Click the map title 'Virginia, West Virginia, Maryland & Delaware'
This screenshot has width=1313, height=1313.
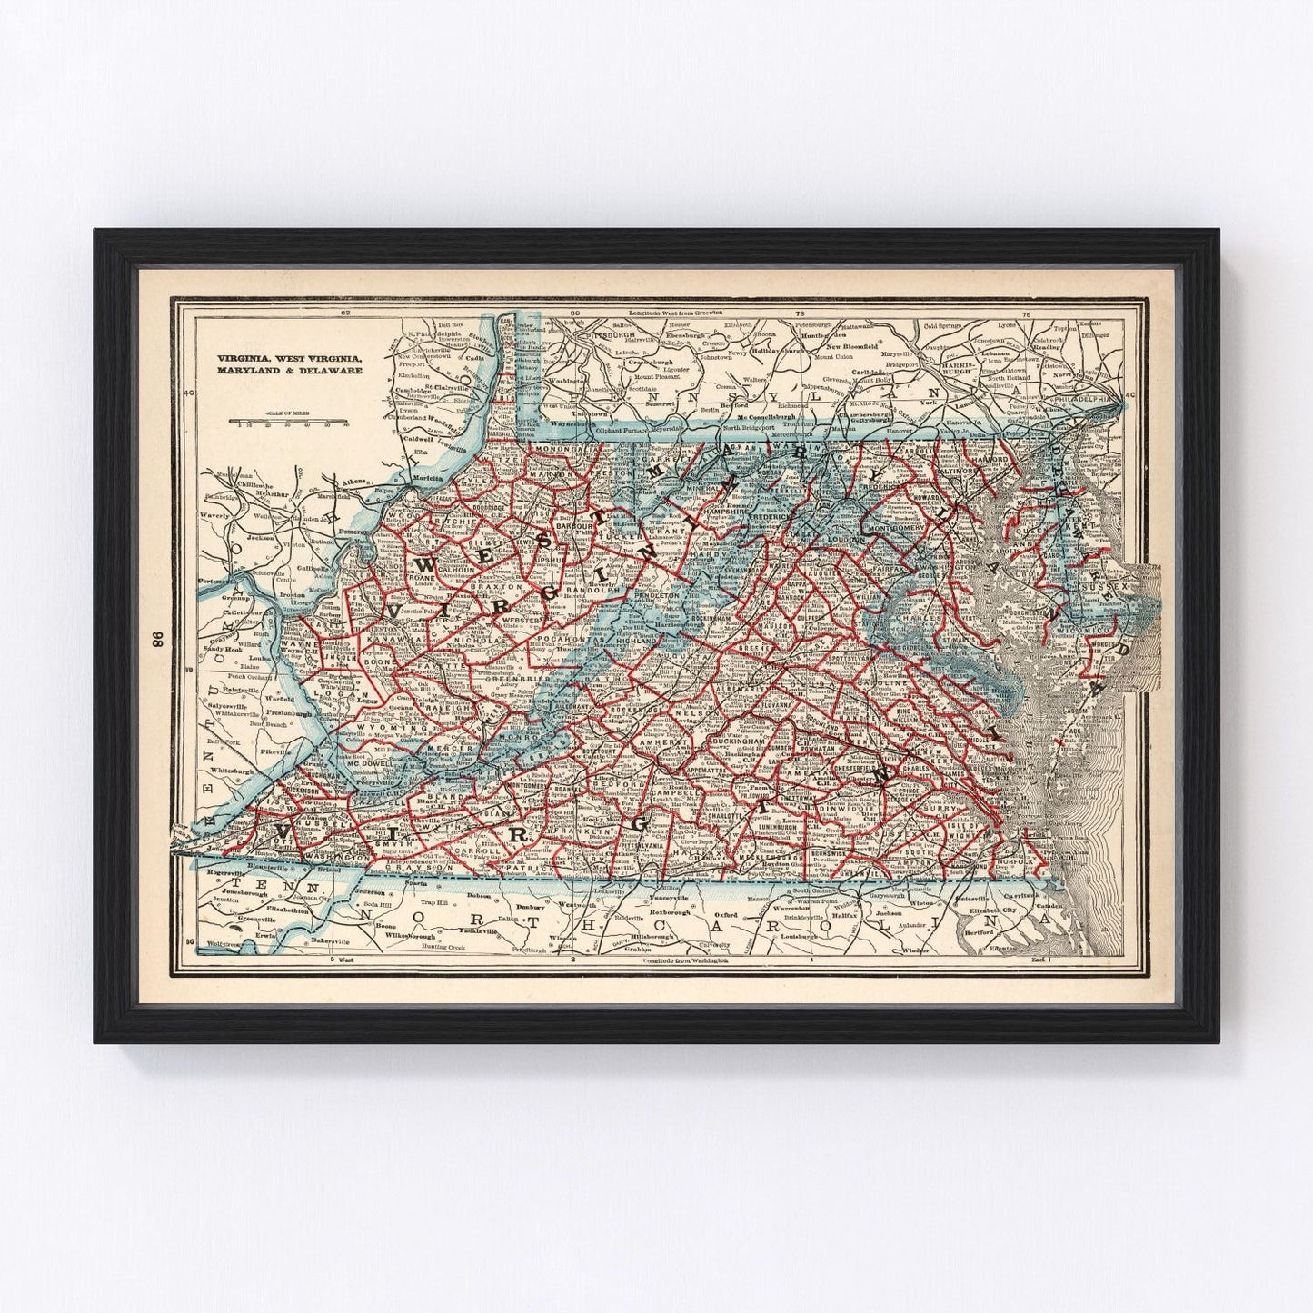tap(289, 364)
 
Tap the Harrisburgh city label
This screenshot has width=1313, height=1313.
tap(935, 372)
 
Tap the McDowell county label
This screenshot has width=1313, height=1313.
tap(368, 765)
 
